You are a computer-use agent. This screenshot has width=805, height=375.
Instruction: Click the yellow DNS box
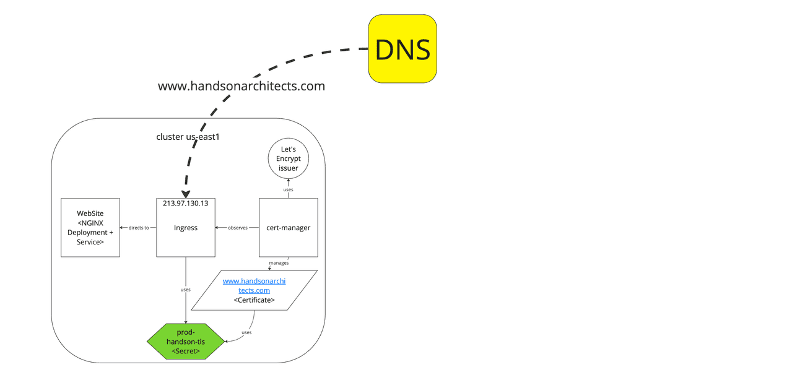click(x=402, y=49)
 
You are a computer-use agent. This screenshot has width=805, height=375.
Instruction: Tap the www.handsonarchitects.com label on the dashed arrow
click(x=241, y=86)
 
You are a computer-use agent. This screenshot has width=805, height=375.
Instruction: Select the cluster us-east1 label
click(x=188, y=137)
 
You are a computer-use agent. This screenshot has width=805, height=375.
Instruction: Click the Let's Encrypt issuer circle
click(x=288, y=158)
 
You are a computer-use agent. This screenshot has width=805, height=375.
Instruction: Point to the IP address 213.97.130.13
click(x=185, y=204)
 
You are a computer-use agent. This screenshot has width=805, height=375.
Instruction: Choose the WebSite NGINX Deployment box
click(x=90, y=228)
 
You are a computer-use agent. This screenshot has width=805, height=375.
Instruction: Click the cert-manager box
click(x=288, y=228)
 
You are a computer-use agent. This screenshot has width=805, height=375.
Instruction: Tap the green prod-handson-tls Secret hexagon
click(x=186, y=342)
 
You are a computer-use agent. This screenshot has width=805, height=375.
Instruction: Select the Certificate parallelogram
click(x=254, y=290)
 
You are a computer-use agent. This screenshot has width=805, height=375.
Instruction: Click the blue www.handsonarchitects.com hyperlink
click(x=254, y=285)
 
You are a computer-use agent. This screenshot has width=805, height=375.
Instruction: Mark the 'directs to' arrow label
click(x=139, y=228)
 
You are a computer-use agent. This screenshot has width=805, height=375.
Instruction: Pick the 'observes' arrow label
click(x=238, y=228)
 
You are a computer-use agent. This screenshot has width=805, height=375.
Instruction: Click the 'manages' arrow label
click(x=279, y=263)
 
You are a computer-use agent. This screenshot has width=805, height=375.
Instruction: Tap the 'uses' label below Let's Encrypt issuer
click(x=288, y=189)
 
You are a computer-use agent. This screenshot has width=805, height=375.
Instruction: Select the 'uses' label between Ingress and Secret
click(x=185, y=290)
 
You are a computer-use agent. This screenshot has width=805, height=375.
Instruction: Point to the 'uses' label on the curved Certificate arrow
click(x=246, y=333)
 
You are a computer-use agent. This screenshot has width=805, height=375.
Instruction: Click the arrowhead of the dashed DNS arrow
click(x=186, y=194)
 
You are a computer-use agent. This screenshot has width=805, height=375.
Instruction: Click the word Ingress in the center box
click(x=186, y=228)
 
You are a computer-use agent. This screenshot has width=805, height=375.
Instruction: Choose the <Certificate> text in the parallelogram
click(x=254, y=300)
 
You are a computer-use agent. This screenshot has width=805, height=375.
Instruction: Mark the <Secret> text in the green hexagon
click(x=186, y=351)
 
